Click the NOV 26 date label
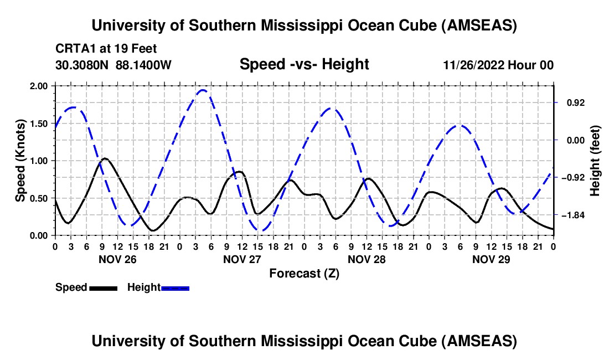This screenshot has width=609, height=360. tap(117, 259)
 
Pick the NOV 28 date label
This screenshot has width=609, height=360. tap(366, 259)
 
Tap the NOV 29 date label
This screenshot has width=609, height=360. tap(491, 259)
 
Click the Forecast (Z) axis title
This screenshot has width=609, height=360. tap(304, 273)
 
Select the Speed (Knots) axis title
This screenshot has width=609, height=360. tap(20, 161)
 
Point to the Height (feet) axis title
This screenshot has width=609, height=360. tap(595, 161)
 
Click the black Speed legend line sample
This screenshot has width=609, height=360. tap(103, 288)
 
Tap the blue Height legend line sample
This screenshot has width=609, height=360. tap(175, 288)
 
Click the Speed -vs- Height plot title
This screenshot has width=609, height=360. tap(304, 64)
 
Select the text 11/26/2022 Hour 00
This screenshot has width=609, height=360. tap(498, 65)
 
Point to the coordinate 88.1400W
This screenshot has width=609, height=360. tap(143, 65)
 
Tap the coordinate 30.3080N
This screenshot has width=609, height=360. tap(82, 65)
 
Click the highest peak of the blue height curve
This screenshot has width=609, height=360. tap(203, 90)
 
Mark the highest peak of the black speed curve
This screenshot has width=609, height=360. tap(105, 158)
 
